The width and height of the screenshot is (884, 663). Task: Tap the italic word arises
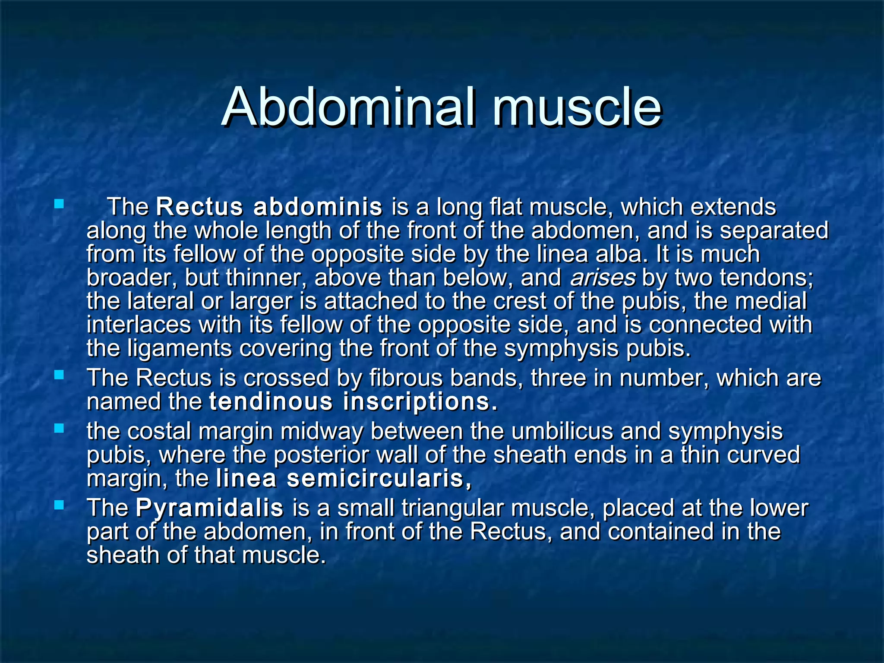[603, 277]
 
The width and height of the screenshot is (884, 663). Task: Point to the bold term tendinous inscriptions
[353, 401]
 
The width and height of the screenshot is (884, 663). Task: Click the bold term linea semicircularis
[343, 479]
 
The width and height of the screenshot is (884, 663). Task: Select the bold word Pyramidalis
[209, 508]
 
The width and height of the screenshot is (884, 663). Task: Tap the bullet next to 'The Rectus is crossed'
[59, 375]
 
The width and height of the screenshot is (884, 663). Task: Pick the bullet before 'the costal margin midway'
[59, 428]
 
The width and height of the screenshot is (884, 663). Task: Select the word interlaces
[139, 325]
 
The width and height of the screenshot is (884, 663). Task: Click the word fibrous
[406, 378]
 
